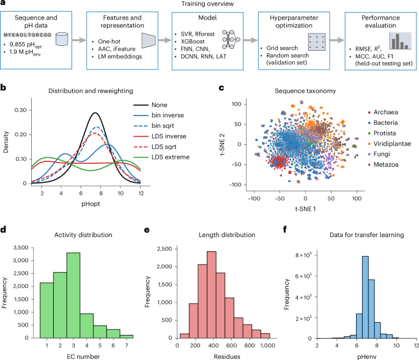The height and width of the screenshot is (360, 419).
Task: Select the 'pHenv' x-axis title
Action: click(x=366, y=356)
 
